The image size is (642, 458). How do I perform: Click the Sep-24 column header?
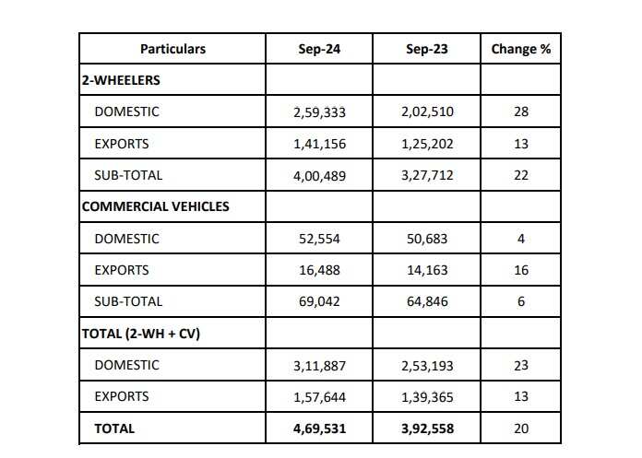coord(319,49)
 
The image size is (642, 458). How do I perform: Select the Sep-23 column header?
coord(427,49)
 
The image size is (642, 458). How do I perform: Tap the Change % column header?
coord(520,49)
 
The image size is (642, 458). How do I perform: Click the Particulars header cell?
coord(172,49)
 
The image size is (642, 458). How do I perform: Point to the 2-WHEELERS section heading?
coord(121,80)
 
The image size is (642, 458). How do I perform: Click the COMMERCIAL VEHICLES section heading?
coord(156,206)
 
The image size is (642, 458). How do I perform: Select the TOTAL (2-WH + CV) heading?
coord(141,334)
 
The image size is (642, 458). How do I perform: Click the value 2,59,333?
coord(319,112)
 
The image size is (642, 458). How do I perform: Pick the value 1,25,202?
coord(427,144)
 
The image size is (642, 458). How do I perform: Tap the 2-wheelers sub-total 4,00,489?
coord(319,175)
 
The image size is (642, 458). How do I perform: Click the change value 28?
coord(520,112)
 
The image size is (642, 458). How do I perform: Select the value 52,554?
coord(319,239)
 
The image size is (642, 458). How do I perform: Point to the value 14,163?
coord(427,270)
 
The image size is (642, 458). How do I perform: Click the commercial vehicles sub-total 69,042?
coord(319,301)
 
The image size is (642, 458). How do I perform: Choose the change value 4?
coord(520,239)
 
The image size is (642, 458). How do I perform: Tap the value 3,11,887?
coord(319,365)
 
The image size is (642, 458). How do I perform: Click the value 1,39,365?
coord(427,396)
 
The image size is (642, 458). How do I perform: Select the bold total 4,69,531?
coord(319,429)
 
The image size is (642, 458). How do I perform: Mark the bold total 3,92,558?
coord(427,429)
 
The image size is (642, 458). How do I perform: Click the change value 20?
coord(520,429)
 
